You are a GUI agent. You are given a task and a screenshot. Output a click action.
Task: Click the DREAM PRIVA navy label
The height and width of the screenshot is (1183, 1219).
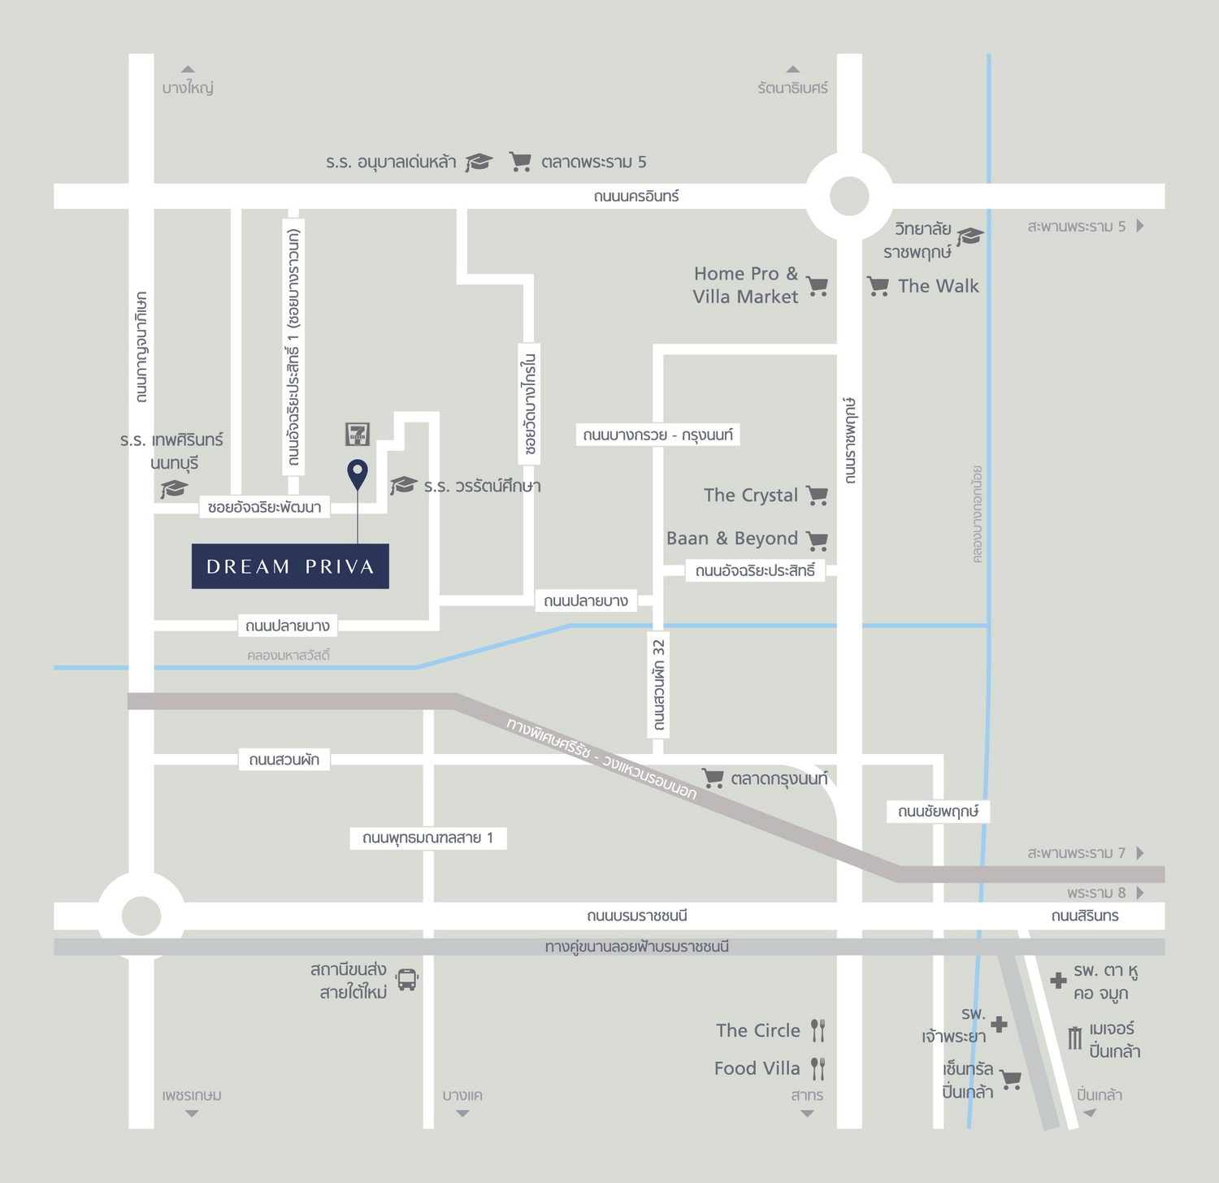tap(290, 566)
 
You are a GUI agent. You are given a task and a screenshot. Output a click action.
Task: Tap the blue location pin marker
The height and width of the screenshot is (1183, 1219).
tap(358, 474)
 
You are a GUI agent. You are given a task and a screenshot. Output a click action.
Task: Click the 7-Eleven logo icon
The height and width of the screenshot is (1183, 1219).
tap(358, 434)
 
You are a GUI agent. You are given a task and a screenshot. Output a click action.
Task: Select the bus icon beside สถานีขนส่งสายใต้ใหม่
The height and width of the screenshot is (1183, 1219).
tap(407, 980)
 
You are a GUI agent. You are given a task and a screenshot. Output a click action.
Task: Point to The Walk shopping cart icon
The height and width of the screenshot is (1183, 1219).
tap(878, 286)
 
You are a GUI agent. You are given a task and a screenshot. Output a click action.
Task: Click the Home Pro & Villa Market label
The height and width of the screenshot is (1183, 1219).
tap(745, 285)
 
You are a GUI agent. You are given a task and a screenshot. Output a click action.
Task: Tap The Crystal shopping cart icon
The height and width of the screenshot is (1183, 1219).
tap(818, 496)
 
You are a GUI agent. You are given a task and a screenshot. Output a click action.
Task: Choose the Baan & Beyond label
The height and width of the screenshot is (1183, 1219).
tap(732, 539)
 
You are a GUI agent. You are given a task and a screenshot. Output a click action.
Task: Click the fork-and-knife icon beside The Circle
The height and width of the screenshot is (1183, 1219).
tap(818, 1031)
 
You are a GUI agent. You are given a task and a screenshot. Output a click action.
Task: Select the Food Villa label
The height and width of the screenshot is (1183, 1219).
tap(757, 1068)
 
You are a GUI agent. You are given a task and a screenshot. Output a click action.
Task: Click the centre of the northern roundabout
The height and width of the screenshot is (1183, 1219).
tap(849, 196)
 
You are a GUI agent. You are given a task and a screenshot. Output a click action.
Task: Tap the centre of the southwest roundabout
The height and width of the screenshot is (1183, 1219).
tap(141, 916)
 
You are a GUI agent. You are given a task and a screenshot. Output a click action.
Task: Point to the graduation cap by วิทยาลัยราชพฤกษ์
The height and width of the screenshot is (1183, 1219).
tap(970, 236)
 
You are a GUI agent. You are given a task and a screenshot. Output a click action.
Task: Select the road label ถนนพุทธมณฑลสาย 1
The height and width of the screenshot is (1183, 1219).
tap(428, 838)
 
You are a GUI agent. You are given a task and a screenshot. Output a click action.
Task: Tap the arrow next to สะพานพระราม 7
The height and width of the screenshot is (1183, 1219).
tap(1140, 853)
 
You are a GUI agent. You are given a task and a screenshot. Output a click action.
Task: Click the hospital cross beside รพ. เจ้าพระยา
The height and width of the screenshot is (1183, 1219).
tap(1000, 1025)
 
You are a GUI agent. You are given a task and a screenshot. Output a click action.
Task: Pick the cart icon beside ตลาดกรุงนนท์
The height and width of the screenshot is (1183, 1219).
tap(713, 778)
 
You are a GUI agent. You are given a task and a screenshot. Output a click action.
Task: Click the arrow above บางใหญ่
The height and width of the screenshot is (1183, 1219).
tap(188, 69)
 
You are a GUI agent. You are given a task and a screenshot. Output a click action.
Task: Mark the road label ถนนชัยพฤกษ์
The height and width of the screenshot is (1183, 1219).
tap(938, 811)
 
